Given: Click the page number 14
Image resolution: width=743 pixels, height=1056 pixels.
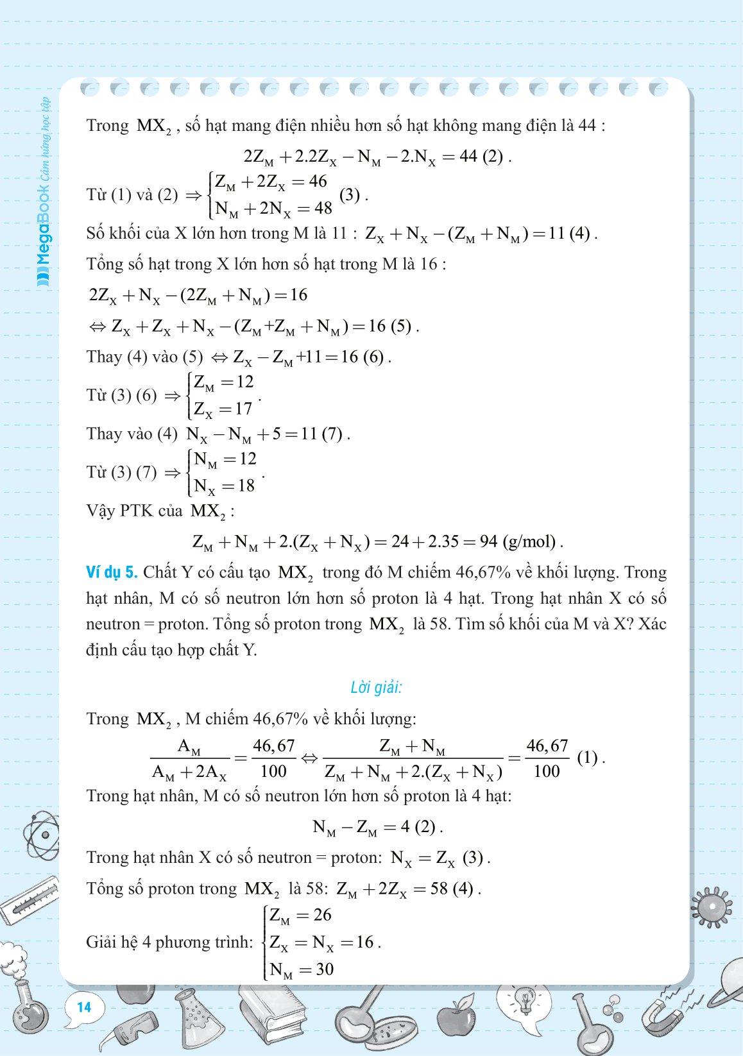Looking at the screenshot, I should point(84,1007).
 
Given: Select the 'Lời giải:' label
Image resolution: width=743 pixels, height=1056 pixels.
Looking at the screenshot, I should point(376,688).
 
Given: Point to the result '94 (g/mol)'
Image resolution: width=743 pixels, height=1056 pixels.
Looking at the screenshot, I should point(520,542).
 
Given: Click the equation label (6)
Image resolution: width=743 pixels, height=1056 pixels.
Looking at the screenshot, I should point(375,357).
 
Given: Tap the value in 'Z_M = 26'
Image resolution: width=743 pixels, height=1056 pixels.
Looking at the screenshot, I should point(322,915).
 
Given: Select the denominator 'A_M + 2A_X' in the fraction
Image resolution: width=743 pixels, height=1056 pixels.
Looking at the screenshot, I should point(189,772).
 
